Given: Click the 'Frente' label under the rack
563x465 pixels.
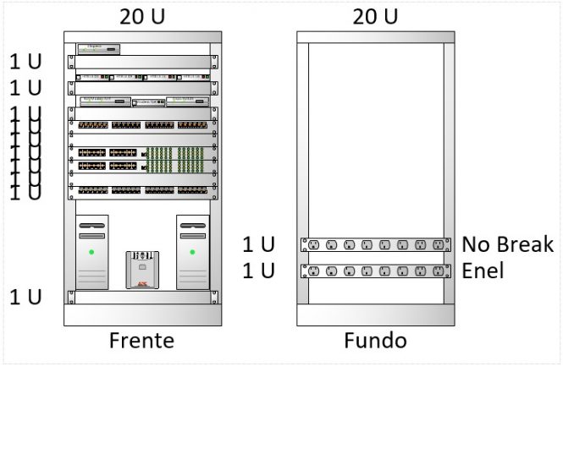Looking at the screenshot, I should (141, 341).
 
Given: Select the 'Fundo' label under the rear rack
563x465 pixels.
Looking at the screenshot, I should (375, 341).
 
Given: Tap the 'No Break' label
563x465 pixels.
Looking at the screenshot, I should (506, 245).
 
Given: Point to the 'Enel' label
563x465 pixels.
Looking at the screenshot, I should (483, 271).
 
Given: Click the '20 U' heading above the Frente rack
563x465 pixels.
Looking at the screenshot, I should (142, 16).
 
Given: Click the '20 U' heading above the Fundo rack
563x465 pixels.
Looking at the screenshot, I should (375, 16).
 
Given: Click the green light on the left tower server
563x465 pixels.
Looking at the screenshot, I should (92, 252).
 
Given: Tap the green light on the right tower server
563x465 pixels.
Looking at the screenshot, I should (192, 252).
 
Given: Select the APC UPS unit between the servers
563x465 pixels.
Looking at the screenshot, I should (142, 269).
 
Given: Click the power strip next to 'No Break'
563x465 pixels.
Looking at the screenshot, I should (375, 245).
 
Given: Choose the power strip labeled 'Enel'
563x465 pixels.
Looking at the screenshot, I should (375, 271).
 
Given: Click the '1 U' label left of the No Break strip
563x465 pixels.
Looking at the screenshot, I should (258, 245).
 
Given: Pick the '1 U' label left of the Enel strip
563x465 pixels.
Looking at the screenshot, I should (258, 271).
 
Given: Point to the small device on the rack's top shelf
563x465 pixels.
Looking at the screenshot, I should (98, 48).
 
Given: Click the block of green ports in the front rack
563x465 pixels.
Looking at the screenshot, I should (174, 160).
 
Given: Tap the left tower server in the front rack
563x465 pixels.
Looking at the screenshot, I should (92, 252).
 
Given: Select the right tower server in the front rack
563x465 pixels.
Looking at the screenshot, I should (192, 252).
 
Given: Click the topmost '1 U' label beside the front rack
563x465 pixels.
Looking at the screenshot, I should (25, 62).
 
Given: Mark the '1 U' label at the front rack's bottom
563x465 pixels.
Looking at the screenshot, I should (25, 297).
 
